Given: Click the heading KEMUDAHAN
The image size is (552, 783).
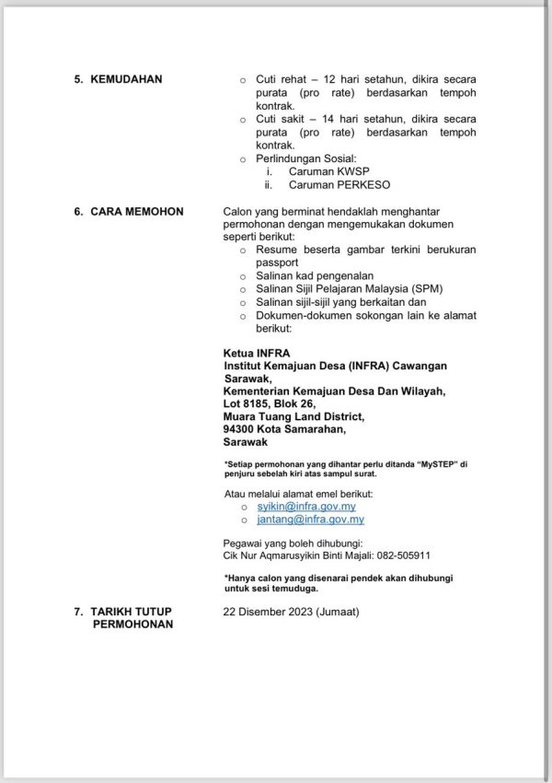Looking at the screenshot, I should (x=126, y=80).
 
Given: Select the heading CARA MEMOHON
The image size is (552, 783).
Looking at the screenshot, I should (x=137, y=212).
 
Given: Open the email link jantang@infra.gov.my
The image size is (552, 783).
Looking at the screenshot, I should (x=299, y=520).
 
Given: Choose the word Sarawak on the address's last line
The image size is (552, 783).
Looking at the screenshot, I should (x=246, y=442).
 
